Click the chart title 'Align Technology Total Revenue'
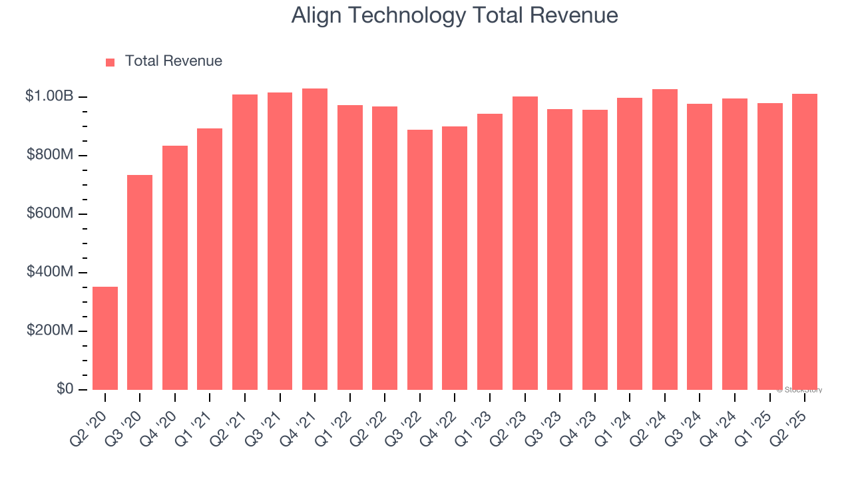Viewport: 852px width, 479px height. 455,16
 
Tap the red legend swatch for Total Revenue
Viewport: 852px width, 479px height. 110,62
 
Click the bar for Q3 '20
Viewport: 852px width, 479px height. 140,282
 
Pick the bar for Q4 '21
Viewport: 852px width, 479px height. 315,239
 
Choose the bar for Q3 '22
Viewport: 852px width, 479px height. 420,259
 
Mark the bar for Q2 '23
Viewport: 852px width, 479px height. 525,243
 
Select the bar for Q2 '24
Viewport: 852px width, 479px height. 665,239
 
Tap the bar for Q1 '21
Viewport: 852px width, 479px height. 210,259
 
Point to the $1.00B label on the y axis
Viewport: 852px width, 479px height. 49,96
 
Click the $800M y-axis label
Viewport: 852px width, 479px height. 50,155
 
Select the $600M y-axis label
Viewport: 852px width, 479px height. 50,214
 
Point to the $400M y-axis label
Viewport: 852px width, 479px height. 50,272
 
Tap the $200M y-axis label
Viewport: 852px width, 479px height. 50,331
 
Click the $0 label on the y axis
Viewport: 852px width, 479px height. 65,389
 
